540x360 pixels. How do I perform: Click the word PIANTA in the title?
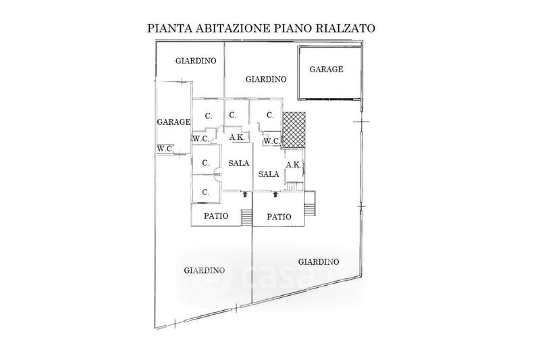(167, 29)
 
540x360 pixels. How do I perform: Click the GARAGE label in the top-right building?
(326, 69)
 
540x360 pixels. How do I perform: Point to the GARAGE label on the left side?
(173, 122)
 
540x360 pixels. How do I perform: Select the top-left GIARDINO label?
(196, 61)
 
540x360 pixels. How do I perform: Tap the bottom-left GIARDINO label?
(204, 270)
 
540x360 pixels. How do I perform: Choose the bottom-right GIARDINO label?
(318, 261)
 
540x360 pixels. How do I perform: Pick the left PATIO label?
(216, 216)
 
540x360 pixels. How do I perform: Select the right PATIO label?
(279, 217)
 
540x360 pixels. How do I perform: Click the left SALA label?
(238, 163)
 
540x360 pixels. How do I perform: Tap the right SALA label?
(269, 173)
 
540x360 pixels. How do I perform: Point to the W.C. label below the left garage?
(165, 149)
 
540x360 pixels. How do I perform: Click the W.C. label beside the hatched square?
(271, 141)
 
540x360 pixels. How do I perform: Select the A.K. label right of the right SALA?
(293, 165)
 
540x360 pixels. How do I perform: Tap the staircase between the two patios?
(246, 217)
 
